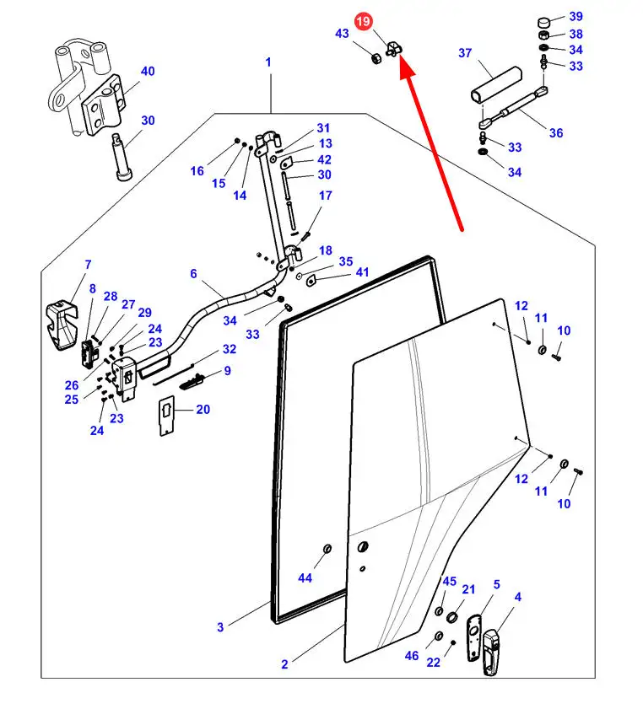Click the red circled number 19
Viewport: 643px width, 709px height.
pos(363,22)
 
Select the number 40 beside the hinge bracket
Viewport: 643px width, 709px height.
pos(148,72)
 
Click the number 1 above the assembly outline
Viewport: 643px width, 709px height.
pos(268,62)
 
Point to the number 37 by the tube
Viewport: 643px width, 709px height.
pos(465,53)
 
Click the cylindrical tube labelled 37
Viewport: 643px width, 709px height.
pos(496,84)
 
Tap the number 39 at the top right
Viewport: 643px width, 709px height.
pos(575,16)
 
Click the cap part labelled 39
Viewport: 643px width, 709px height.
pos(544,22)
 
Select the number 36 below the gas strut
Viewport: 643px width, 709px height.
pos(556,133)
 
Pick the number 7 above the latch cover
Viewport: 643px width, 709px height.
pos(88,265)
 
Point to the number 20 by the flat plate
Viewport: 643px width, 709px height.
pos(203,410)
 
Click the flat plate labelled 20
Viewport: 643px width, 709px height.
pos(166,416)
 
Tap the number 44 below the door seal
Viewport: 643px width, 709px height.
pos(305,577)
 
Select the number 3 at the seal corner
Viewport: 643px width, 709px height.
pos(220,627)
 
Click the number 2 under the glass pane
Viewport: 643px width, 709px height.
pos(284,664)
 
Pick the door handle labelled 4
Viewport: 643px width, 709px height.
pos(491,653)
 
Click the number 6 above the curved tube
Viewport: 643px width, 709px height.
pos(194,273)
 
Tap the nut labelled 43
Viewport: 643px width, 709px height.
pos(376,58)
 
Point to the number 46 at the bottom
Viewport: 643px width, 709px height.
pos(412,656)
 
